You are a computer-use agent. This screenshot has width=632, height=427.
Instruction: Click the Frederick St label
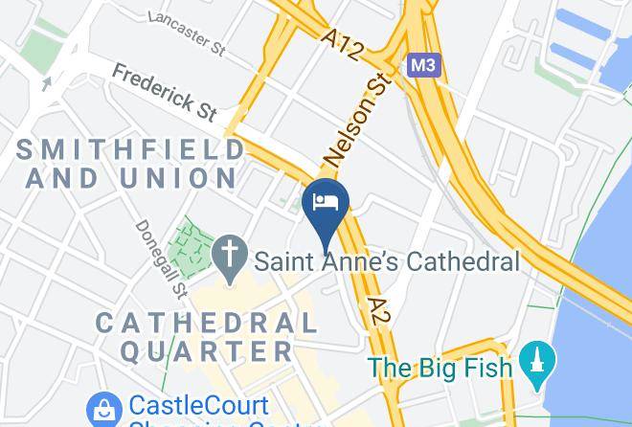[165, 92]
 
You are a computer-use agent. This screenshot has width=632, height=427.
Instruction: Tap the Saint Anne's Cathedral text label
[386, 260]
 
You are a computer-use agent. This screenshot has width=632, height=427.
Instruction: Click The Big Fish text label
[441, 367]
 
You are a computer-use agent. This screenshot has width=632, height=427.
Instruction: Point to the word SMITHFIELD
[131, 148]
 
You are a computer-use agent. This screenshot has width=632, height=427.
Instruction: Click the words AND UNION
[131, 178]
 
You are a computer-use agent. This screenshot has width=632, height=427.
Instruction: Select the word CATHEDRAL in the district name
[206, 322]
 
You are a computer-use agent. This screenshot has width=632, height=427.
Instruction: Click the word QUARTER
[207, 351]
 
